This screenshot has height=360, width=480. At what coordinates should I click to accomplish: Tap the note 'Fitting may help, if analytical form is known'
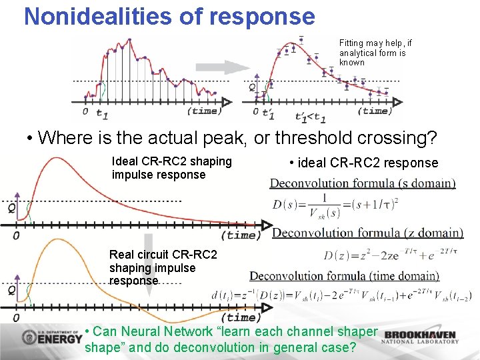[375, 53]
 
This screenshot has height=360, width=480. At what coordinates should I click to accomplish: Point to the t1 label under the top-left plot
[102, 113]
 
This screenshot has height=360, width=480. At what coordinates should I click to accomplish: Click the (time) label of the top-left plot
[203, 111]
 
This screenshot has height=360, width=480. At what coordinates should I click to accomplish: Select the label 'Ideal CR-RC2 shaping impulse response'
[172, 168]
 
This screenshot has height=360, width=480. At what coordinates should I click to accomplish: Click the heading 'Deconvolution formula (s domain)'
[363, 183]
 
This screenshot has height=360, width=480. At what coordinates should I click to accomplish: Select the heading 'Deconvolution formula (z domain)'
[367, 233]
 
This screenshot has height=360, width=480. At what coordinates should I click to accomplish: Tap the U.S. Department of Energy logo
[52, 337]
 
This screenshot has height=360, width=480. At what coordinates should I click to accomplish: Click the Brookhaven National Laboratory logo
[421, 337]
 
